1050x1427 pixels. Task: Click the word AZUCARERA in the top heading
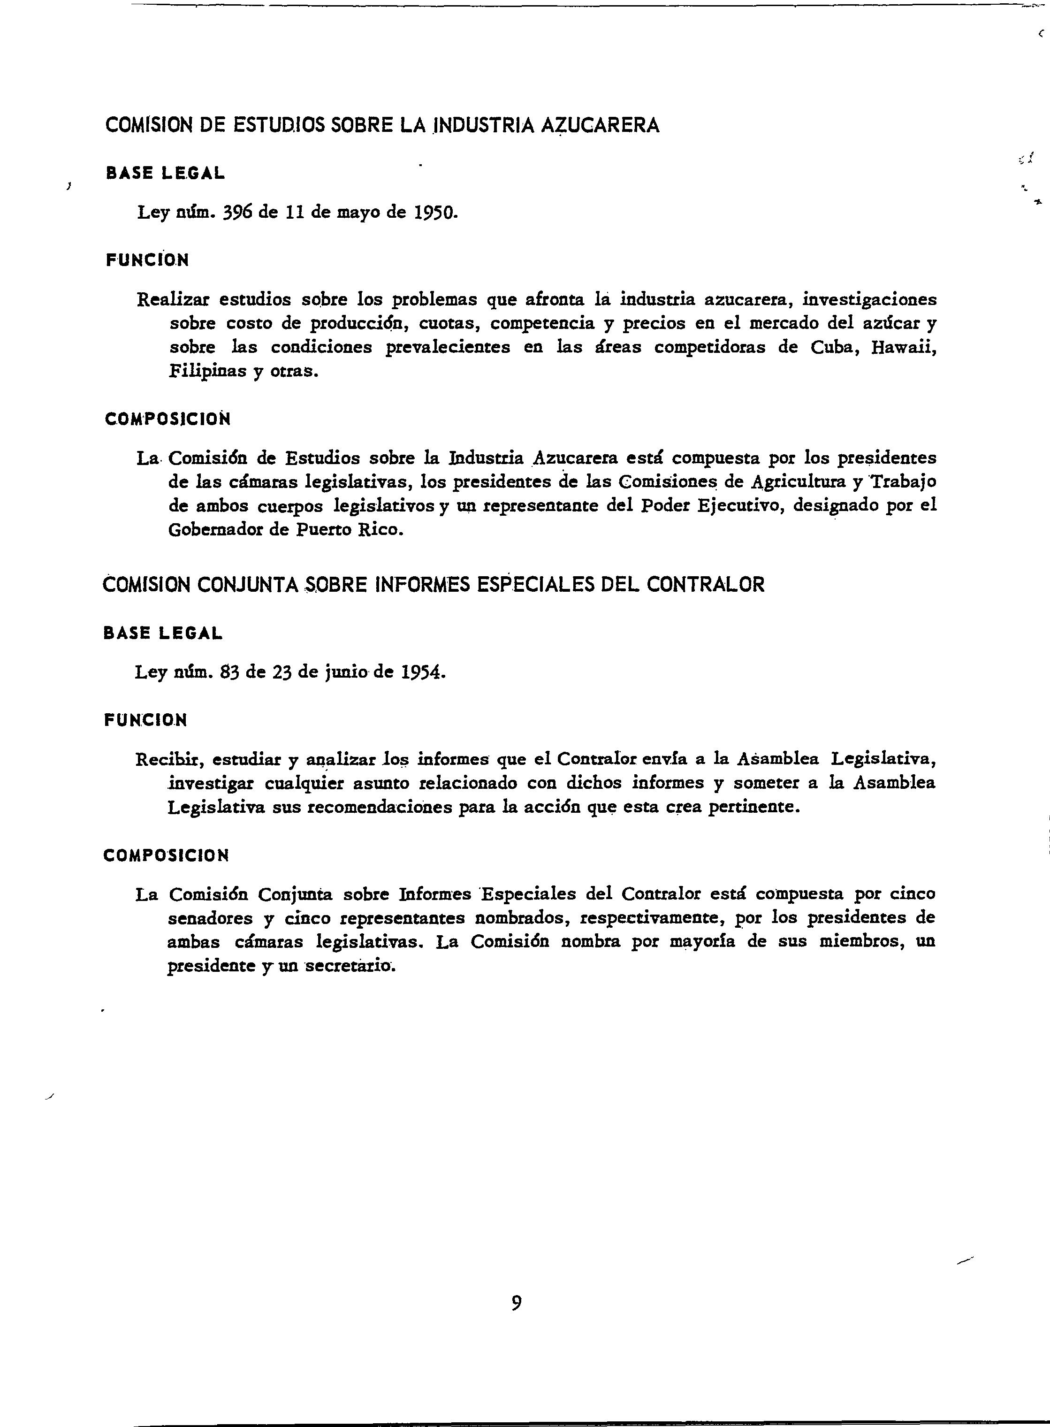[600, 125]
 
